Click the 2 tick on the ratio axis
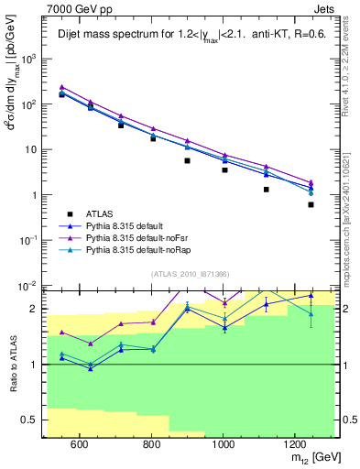click(x=38, y=309)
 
